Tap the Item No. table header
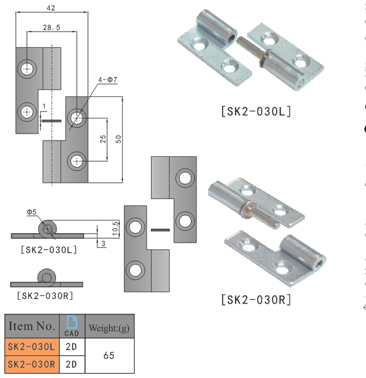[31, 326]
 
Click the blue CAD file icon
[72, 322]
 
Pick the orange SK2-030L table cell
[32, 346]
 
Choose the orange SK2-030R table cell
[32, 364]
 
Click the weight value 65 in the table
[109, 355]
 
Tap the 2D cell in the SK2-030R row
[72, 364]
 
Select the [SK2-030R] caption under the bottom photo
[255, 299]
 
